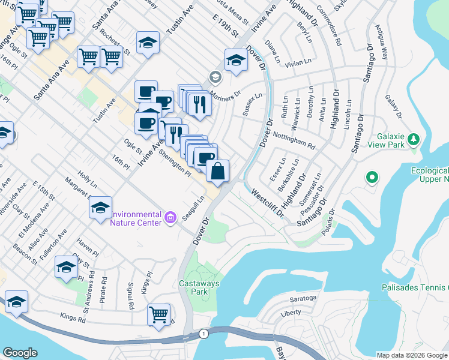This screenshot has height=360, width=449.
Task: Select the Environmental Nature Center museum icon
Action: tap(170, 217)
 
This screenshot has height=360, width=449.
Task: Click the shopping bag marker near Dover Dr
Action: tap(217, 171)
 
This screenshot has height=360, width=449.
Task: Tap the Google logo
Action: tap(20, 352)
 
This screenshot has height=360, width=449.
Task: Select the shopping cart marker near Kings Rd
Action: tap(159, 314)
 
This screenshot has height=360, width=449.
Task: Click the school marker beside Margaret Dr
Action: tap(100, 208)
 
